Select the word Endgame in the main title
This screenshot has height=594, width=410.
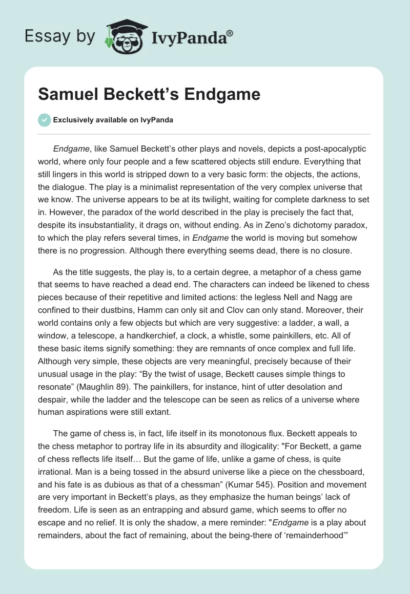pos(223,95)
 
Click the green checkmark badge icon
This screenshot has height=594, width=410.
pos(44,120)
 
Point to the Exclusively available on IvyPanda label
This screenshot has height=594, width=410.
pos(113,120)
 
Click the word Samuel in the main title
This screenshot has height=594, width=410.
pos(67,95)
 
